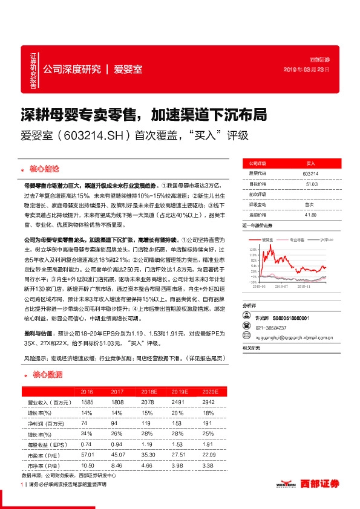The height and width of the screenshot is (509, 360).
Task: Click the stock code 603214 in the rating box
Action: [310, 173]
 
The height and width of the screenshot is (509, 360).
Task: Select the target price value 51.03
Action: [310, 184]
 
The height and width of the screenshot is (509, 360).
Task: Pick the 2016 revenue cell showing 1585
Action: [87, 402]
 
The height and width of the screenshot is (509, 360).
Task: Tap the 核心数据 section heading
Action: [42, 375]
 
